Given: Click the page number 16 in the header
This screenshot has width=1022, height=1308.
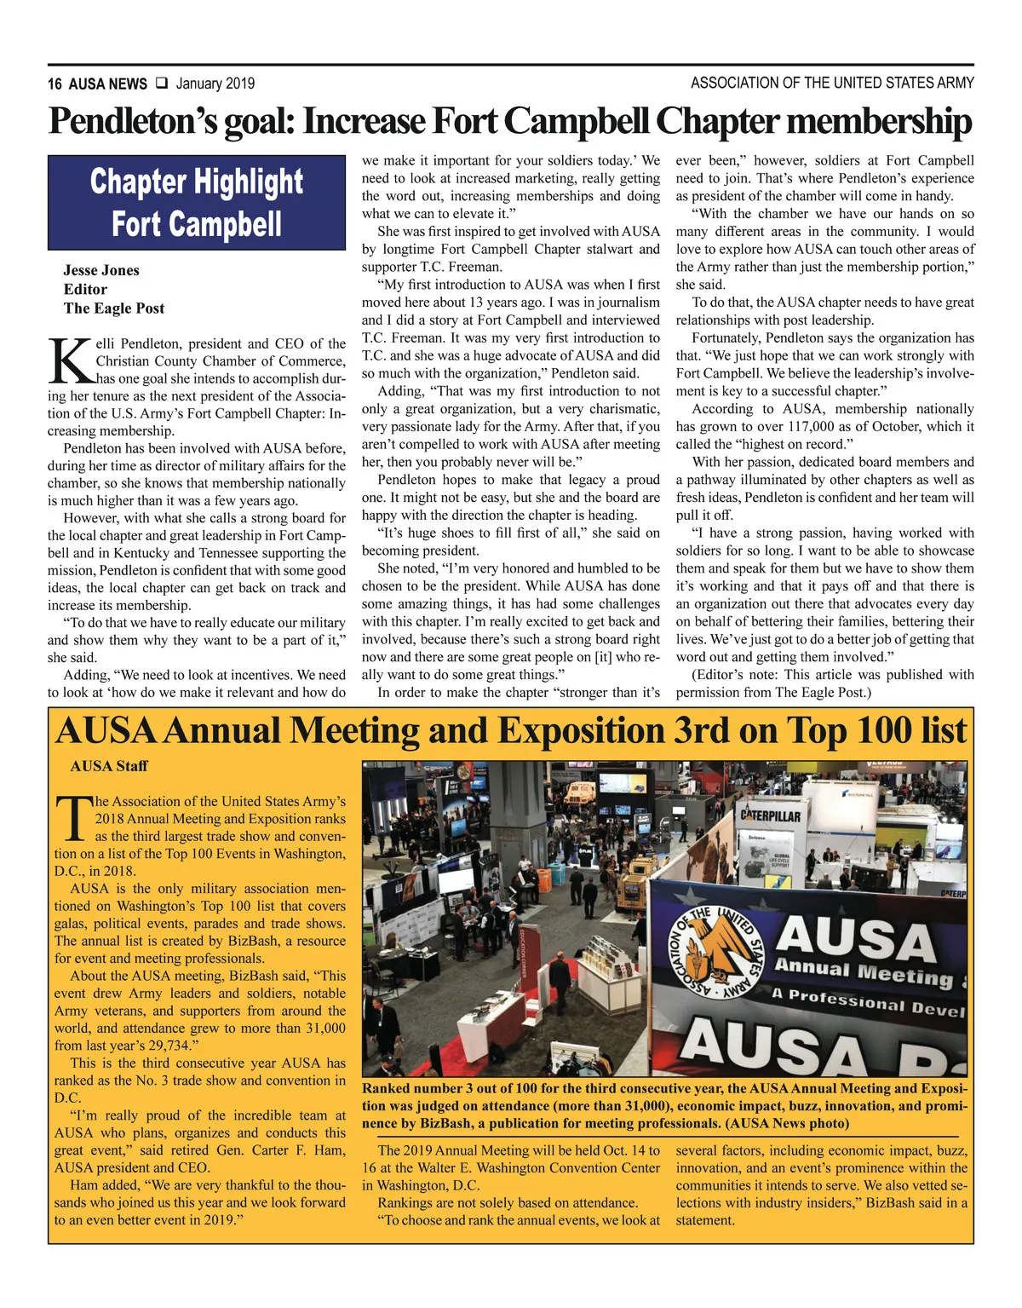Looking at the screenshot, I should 55,84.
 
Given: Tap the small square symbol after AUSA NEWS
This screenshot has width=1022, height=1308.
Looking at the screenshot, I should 161,84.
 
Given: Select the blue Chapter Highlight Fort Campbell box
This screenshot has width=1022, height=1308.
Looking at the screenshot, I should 197,202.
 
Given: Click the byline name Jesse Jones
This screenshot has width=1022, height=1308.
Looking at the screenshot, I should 101,270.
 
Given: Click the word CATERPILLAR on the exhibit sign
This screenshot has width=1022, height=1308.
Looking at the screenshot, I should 771,815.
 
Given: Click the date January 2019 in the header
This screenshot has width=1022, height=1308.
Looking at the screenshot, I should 215,84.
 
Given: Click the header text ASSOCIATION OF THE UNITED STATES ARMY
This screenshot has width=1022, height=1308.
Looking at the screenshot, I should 832,83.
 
